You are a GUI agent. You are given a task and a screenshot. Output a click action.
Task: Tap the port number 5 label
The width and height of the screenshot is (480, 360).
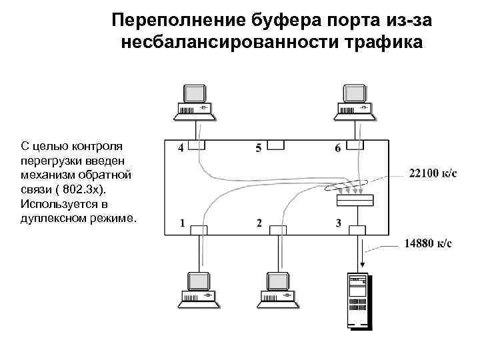pos(259,147)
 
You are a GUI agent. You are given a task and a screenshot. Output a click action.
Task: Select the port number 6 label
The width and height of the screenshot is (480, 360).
pos(338,147)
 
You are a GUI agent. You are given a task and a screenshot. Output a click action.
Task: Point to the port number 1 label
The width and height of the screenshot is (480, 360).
pos(181,223)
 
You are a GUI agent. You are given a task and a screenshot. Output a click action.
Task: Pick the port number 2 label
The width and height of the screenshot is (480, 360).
pos(259,223)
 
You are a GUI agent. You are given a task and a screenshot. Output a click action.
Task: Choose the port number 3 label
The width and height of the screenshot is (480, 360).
pos(339,223)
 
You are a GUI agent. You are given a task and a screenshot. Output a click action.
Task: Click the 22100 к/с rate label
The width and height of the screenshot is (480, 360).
pos(433,173)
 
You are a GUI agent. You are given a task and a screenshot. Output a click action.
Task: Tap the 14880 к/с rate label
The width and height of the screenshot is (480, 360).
pos(428,244)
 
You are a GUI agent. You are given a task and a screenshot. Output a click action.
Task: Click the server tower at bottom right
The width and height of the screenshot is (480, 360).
pos(357,302)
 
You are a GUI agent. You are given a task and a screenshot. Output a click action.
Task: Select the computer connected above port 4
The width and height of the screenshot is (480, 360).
pos(196,103)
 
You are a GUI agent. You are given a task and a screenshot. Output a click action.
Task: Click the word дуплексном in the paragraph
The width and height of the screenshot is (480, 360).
pos(55,218)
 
